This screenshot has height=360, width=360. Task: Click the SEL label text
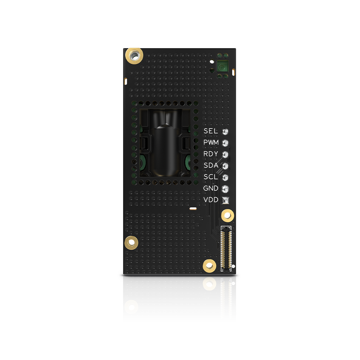tap(211, 131)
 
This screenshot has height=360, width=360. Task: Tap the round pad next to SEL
tap(226, 131)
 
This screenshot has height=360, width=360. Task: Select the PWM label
tap(211, 143)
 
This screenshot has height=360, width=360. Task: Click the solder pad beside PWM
tap(226, 143)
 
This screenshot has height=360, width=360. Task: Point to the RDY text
tap(211, 154)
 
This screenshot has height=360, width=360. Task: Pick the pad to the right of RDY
tap(226, 154)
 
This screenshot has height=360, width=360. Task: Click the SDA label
tap(211, 166)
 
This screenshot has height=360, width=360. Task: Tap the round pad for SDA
tap(226, 166)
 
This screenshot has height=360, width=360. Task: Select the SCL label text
tap(211, 177)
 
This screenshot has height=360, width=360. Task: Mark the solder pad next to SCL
tap(226, 177)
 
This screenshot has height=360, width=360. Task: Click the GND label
tap(211, 188)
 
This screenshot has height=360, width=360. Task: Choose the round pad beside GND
tap(226, 189)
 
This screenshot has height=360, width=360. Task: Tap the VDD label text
tap(211, 200)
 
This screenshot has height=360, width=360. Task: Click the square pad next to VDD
tap(226, 200)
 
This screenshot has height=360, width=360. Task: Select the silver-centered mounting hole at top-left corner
tap(134, 55)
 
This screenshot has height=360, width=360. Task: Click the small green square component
tap(222, 67)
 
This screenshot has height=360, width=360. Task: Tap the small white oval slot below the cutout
tap(193, 208)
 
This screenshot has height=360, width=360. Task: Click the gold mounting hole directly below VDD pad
tap(227, 216)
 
